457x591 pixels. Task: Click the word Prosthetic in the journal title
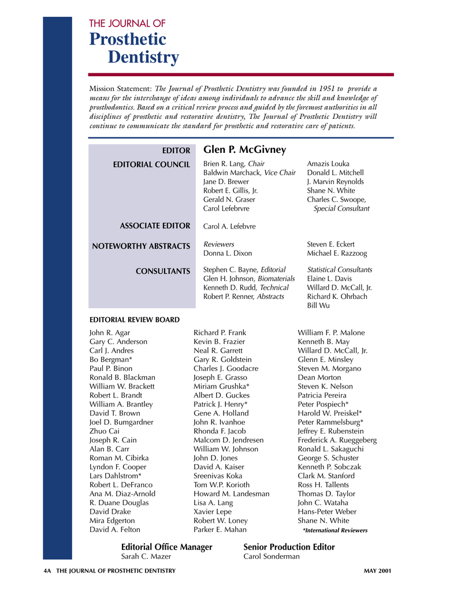tap(128, 40)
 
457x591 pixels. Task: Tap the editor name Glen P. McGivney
tap(244, 150)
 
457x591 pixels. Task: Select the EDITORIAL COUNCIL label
tap(151, 165)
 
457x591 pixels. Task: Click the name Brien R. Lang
tap(225, 164)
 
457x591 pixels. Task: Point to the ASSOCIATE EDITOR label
tap(154, 226)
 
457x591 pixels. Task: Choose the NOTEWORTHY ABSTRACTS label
tap(141, 246)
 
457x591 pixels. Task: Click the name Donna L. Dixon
tap(228, 253)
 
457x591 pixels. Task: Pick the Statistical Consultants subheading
tap(340, 270)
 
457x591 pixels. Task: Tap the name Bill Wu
tap(318, 305)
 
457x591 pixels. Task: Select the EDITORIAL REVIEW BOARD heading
tap(135, 320)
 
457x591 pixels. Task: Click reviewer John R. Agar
tap(110, 333)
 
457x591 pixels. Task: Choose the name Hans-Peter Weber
tap(327, 512)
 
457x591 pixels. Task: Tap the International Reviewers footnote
tap(335, 530)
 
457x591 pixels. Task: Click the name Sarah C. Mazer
tap(146, 556)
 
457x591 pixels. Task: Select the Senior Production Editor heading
tap(289, 547)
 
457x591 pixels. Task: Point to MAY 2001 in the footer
tap(378, 571)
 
